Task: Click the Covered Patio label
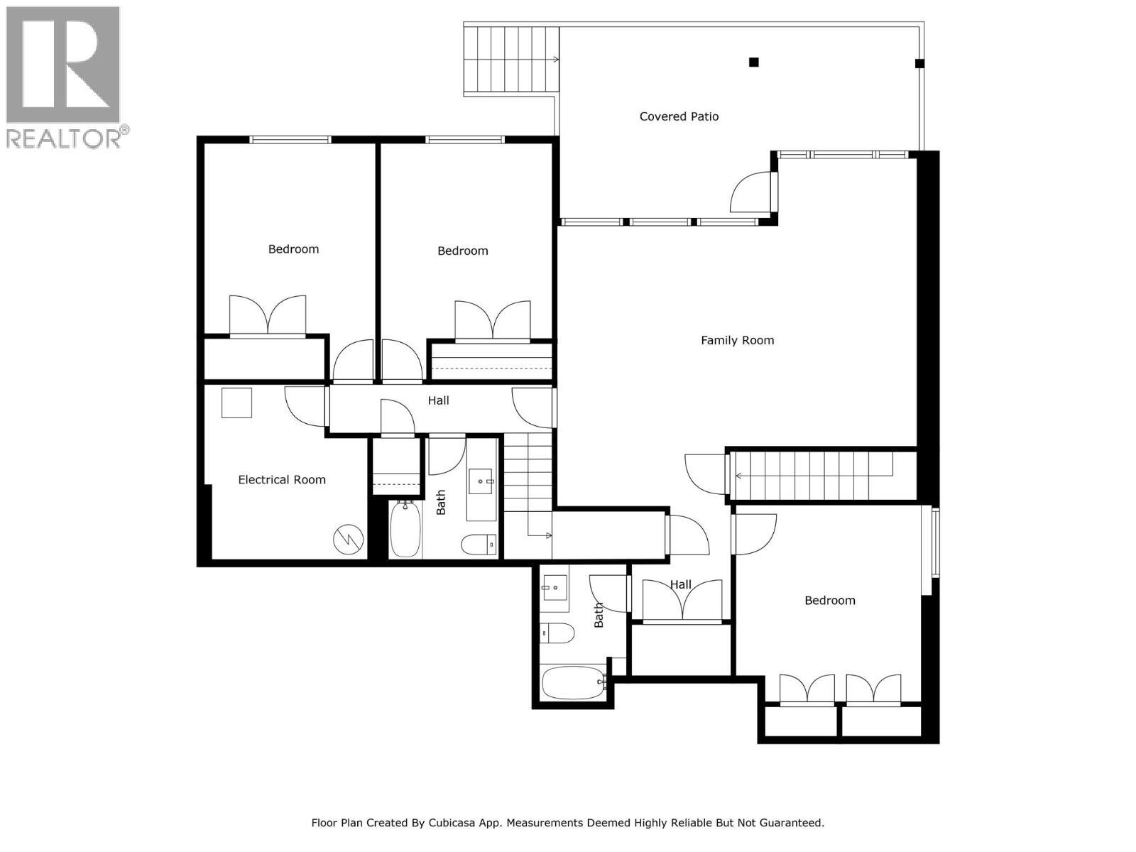(679, 116)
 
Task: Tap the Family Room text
(737, 340)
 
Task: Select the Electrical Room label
(282, 480)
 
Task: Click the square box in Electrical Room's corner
(236, 403)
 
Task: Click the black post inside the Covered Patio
(754, 62)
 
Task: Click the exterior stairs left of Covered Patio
(510, 60)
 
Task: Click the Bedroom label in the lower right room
(829, 601)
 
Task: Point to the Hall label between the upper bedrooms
(438, 400)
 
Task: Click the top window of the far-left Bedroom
(290, 140)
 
